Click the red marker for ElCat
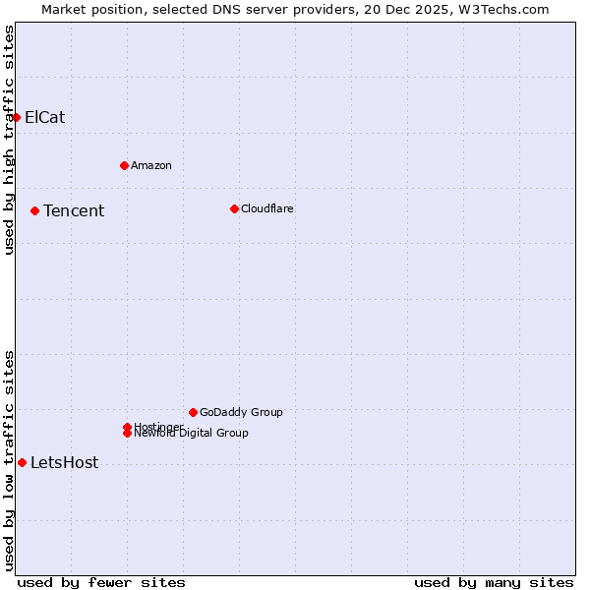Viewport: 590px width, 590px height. pyautogui.click(x=16, y=117)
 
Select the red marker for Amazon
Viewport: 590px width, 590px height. pyautogui.click(x=124, y=165)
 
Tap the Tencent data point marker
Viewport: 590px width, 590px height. pyautogui.click(x=34, y=210)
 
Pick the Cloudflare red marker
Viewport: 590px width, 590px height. pyautogui.click(x=234, y=208)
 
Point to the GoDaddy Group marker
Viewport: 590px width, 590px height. pyautogui.click(x=193, y=412)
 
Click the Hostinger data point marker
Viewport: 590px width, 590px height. pyautogui.click(x=127, y=427)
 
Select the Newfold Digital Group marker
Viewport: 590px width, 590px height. pyautogui.click(x=127, y=433)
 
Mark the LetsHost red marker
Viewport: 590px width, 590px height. pyautogui.click(x=22, y=462)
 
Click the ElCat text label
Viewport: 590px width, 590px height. pyautogui.click(x=44, y=117)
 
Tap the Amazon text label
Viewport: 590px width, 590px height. pyautogui.click(x=150, y=165)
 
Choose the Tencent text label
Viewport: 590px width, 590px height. pyautogui.click(x=74, y=210)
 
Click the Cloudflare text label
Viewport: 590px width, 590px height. pyautogui.click(x=266, y=208)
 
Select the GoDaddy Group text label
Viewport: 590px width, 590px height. pyautogui.click(x=241, y=412)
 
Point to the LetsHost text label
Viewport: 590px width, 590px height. pyautogui.click(x=64, y=462)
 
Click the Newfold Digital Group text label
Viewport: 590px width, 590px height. pyautogui.click(x=191, y=434)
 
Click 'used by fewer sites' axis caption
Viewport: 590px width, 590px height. pyautogui.click(x=101, y=582)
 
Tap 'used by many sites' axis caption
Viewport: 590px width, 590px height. pyautogui.click(x=494, y=582)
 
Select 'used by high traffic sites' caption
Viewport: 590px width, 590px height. pyautogui.click(x=9, y=140)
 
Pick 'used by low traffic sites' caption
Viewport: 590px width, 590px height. pyautogui.click(x=9, y=459)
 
